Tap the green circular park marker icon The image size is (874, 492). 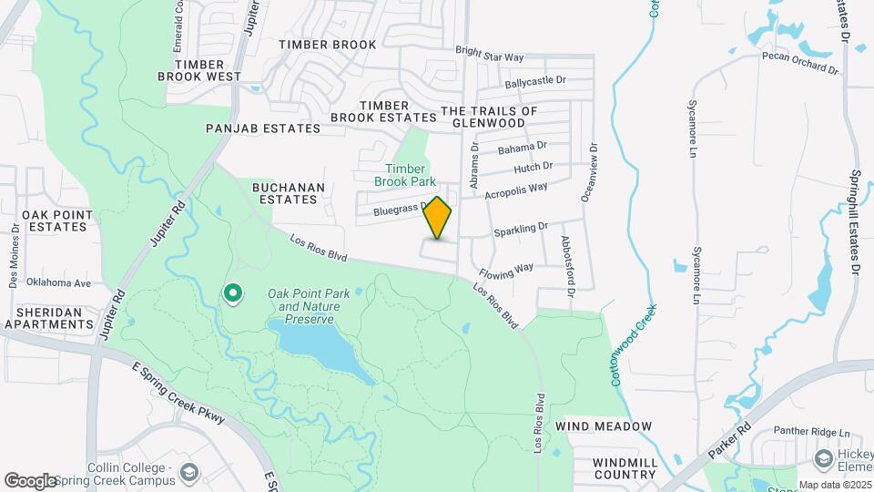tap(233, 292)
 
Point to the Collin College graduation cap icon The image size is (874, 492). tap(188, 472)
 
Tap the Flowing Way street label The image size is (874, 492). tap(506, 272)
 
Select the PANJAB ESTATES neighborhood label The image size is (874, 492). tap(263, 128)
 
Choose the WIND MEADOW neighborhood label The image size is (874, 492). tap(604, 426)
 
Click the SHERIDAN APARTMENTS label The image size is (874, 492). tap(49, 317)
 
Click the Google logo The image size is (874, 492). tap(29, 481)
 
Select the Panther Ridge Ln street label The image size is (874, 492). tap(810, 432)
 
